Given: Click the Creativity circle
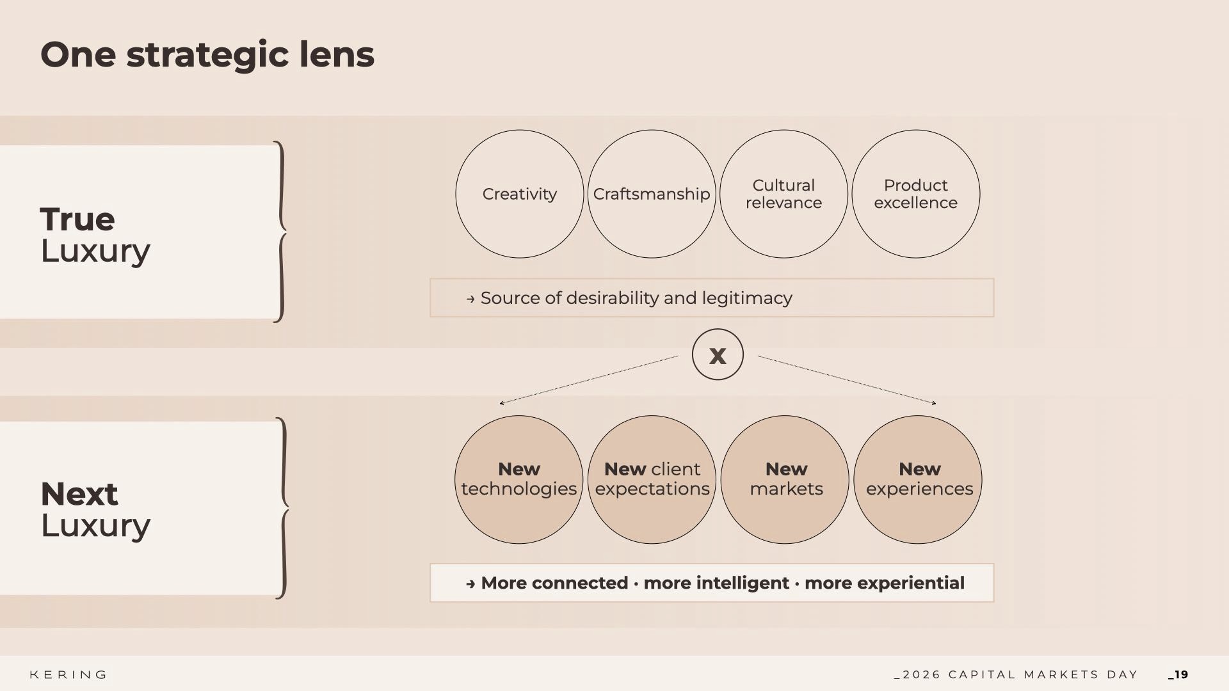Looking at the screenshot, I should (519, 194).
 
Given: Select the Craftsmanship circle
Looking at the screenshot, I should (651, 194).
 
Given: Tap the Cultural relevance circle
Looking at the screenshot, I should (783, 194).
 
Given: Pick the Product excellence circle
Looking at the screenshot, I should (915, 194).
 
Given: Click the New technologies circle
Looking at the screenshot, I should (518, 479).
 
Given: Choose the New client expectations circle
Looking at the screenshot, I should (652, 479).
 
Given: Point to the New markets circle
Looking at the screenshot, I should (785, 479).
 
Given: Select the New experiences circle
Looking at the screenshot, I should (918, 479).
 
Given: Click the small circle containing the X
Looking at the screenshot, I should (718, 354).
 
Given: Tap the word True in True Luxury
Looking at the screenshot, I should (77, 219).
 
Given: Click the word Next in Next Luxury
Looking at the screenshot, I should (79, 494).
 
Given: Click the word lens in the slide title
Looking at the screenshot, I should (337, 55).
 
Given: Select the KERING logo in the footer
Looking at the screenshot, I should (68, 675).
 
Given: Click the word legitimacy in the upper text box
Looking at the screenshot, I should (746, 298).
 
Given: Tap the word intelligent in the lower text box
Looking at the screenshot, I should (716, 583).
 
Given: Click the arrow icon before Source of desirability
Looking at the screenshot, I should (470, 299).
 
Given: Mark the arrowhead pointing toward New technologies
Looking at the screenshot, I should (502, 402).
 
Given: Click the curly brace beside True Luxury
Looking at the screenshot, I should (280, 231).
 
